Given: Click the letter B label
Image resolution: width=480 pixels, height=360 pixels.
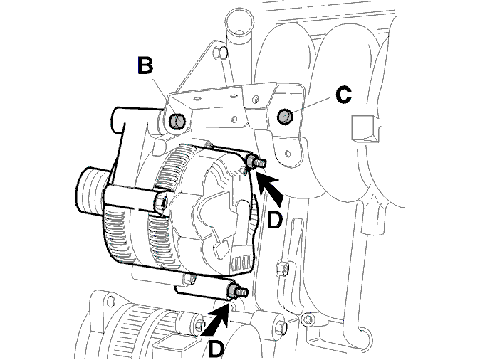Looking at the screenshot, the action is pos(145,65).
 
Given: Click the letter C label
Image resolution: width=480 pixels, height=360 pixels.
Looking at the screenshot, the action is pos(343,95).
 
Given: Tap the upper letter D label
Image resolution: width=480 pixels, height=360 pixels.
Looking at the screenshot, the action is pos(274,221).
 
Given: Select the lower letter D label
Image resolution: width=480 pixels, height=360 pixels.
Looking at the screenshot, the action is pos(216,349).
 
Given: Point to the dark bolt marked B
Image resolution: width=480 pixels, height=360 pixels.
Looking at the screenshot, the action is pos(177,122).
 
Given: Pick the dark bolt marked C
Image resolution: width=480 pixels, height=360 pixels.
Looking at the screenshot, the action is pos(285,117).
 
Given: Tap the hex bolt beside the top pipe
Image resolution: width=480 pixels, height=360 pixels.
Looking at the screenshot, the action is pos(220,54).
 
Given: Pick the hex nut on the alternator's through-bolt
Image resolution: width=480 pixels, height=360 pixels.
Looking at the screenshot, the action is pos(162,201).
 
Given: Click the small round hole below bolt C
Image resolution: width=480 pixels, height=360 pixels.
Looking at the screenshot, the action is pos(288,153).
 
